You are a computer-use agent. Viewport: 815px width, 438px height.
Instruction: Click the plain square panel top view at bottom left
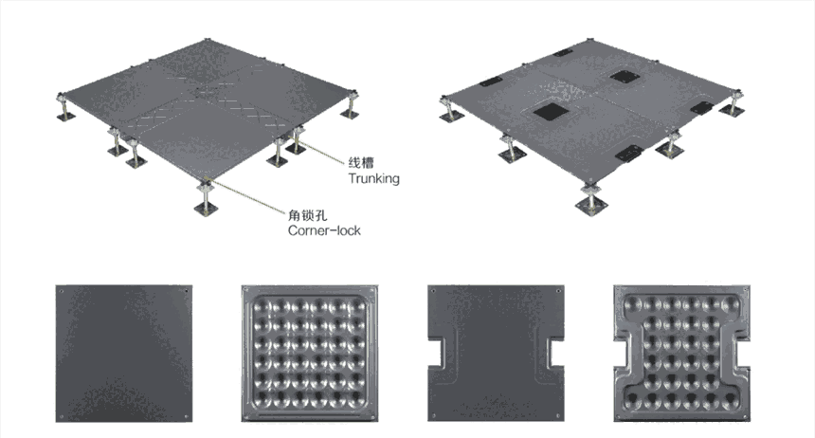[x=123, y=352]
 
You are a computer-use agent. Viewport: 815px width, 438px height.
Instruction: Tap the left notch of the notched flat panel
[x=436, y=352]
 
